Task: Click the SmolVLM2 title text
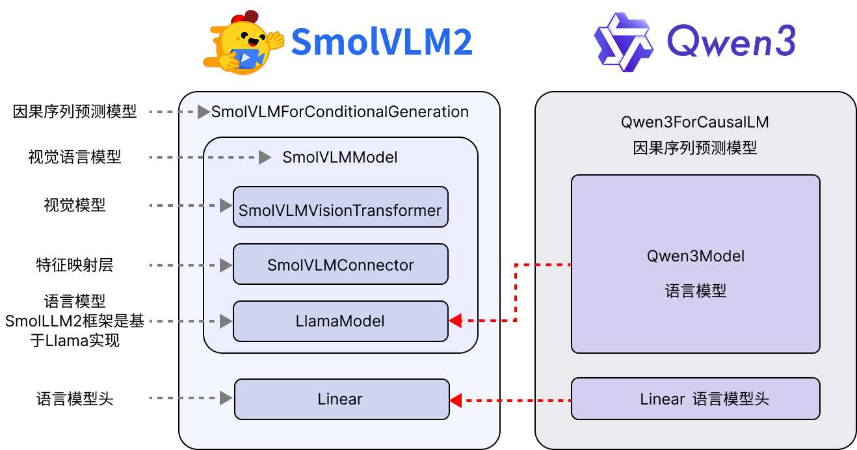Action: tap(381, 42)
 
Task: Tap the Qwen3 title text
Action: tap(731, 43)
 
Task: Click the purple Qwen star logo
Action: tap(623, 42)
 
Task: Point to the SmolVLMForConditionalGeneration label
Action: tap(340, 112)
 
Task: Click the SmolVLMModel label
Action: tap(340, 157)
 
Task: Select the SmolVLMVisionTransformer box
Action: tap(340, 207)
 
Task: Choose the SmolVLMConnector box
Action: tap(340, 265)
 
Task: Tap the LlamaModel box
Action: tap(340, 321)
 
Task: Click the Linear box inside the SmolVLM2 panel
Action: tap(341, 399)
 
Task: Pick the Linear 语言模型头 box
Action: tap(695, 399)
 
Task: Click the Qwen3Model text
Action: tap(695, 256)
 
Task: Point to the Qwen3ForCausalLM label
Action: tap(695, 122)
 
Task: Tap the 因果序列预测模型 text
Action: tap(695, 148)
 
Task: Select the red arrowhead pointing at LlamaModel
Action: tap(456, 321)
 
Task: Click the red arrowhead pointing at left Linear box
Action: tap(456, 400)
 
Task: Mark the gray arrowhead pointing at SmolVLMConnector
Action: tap(226, 265)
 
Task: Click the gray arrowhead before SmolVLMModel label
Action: tap(265, 157)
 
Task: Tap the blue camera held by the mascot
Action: tap(246, 58)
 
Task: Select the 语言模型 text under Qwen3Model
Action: tap(695, 291)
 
